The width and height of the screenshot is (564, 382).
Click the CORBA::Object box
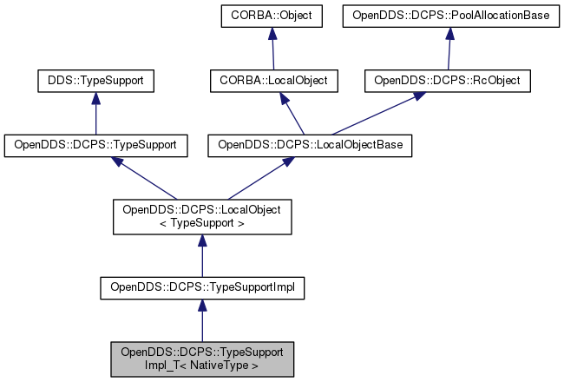pos(272,16)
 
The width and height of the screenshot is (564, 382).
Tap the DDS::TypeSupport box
pos(95,81)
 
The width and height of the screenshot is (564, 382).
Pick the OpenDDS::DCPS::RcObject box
pos(451,81)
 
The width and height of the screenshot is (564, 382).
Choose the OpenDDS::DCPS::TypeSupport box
pos(95,145)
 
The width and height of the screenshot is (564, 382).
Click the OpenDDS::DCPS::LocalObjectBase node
pos(309,145)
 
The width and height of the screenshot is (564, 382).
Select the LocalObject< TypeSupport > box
pos(202,216)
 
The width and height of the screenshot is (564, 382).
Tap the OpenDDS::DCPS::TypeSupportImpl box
pos(202,287)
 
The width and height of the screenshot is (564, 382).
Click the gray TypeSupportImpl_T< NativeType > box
pos(202,359)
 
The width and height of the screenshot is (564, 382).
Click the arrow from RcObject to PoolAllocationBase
pos(449,49)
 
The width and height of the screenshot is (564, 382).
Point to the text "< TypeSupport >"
pos(202,223)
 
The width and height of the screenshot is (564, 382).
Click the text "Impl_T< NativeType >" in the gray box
pos(202,366)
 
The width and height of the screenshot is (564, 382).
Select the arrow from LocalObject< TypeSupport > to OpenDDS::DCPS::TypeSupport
pos(148,178)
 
